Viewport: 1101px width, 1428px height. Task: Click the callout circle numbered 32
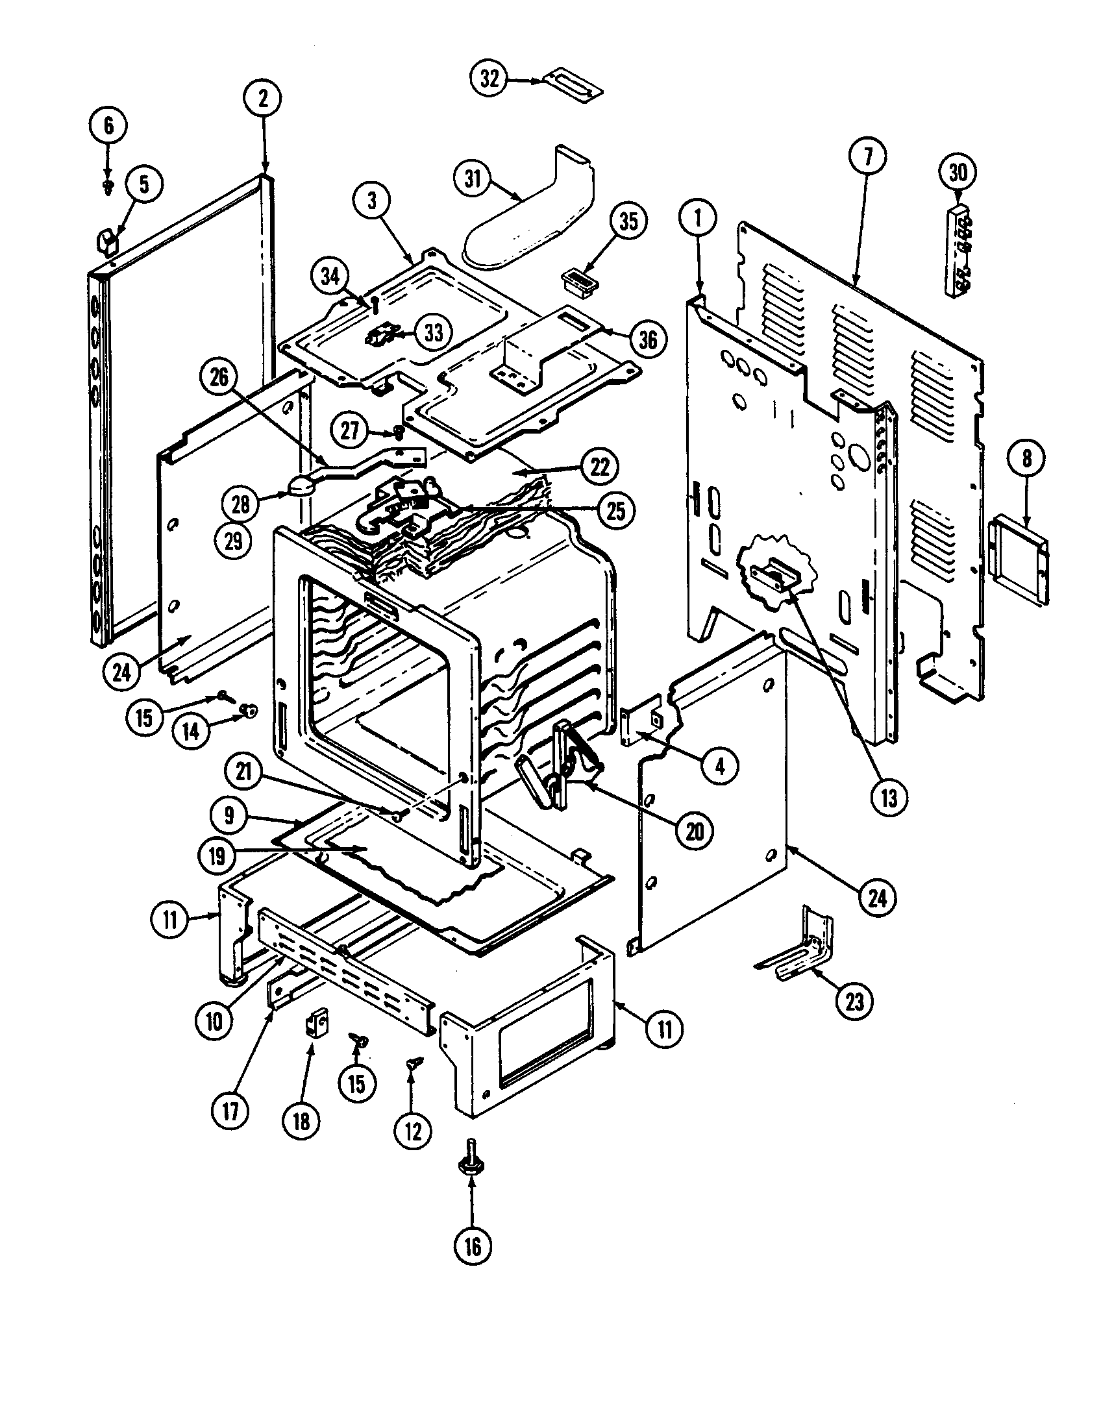tap(489, 79)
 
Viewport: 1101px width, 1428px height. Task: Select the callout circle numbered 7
tap(867, 156)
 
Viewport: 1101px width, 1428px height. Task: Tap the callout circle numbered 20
tap(695, 831)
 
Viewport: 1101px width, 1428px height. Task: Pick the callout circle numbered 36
tap(647, 339)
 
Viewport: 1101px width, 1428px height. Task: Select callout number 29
tap(234, 541)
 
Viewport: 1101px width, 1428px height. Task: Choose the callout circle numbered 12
tap(414, 1131)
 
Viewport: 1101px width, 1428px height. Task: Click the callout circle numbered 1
tap(698, 219)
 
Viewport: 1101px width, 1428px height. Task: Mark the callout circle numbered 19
tap(217, 856)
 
